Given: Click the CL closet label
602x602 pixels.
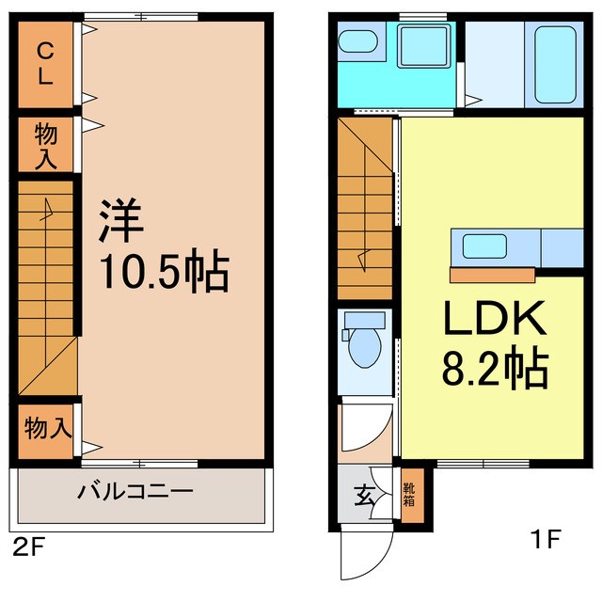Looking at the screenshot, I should [x=44, y=64].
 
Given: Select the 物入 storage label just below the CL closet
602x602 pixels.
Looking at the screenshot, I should [x=45, y=145].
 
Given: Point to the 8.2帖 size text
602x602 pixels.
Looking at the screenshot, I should [x=495, y=372].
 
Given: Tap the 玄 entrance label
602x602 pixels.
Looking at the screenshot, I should [x=360, y=493].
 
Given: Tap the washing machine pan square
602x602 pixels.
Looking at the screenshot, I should [x=424, y=46].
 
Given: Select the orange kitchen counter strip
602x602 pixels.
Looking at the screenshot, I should [x=492, y=275].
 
